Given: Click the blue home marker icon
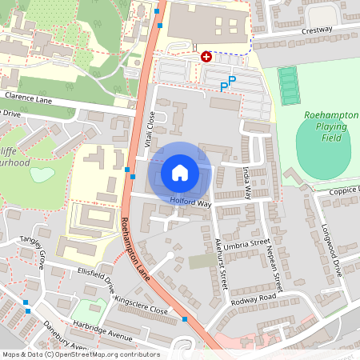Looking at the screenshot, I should pos(180,172).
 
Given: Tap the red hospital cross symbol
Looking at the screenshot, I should pos(206,57).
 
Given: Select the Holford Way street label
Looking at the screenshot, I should pos(190,202).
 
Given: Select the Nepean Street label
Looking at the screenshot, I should pos(277,268).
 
